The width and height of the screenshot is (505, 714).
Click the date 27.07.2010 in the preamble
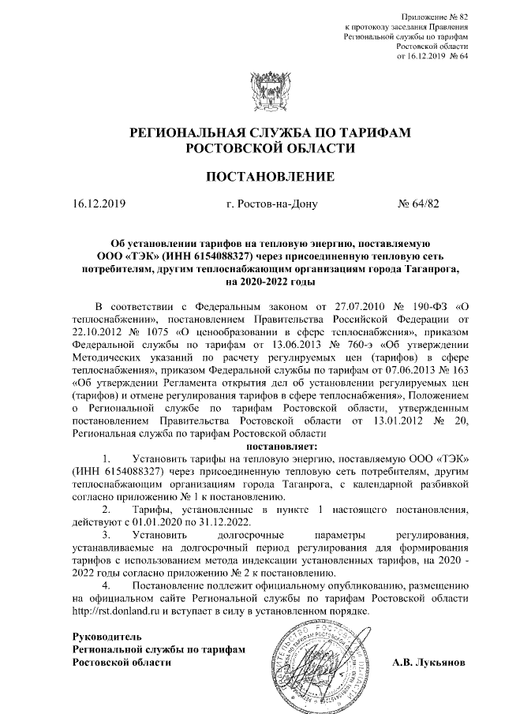pyautogui.click(x=350, y=307)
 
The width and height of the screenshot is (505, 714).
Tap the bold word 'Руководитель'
pyautogui.click(x=107, y=636)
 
